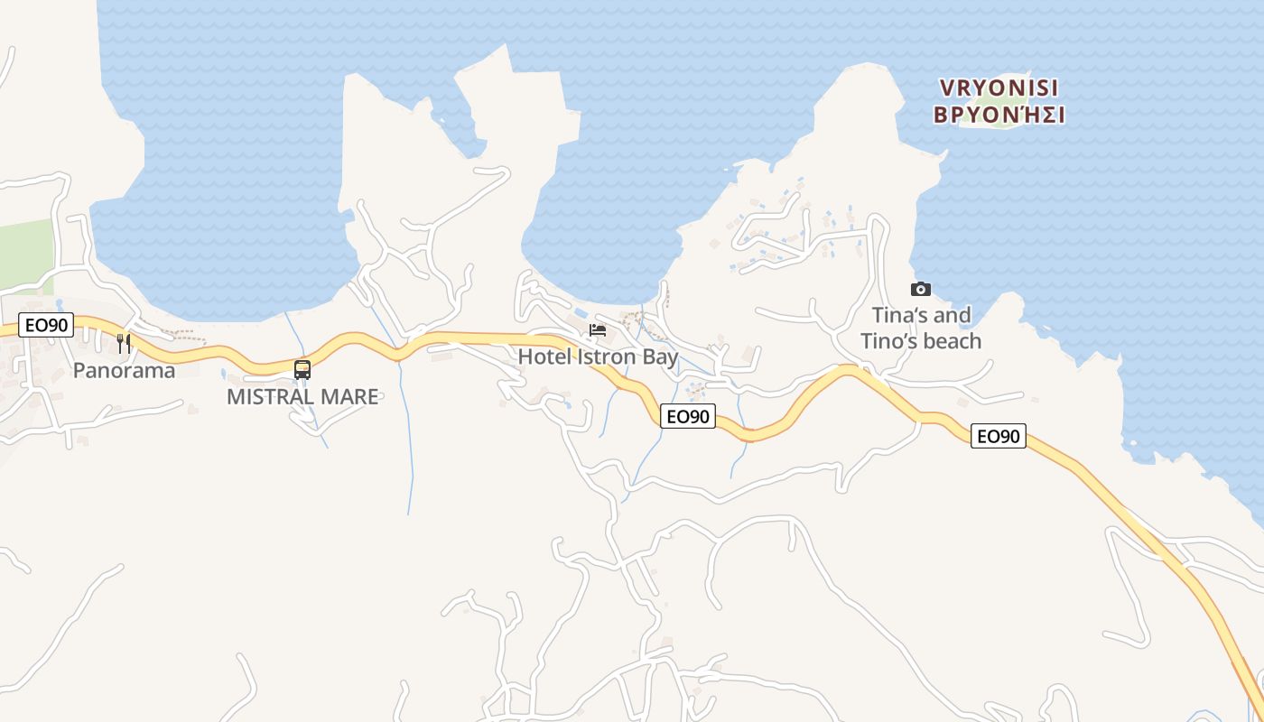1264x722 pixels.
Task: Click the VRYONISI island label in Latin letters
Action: click(x=999, y=88)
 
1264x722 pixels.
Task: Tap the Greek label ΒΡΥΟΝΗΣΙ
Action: click(x=999, y=116)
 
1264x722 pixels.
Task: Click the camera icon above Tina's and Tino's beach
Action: click(x=921, y=289)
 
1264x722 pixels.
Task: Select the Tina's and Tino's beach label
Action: click(x=921, y=328)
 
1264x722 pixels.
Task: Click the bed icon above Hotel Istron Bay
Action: click(x=598, y=330)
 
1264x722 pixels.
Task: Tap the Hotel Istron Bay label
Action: click(x=598, y=357)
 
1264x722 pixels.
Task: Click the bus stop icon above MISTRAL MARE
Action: click(x=302, y=369)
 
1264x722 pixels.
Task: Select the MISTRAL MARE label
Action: click(x=302, y=396)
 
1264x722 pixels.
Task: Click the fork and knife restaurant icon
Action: click(x=124, y=343)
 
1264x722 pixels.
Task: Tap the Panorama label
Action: click(x=124, y=370)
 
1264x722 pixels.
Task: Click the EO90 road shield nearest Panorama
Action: click(x=45, y=325)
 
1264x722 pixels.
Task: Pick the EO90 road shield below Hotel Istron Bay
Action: click(x=688, y=416)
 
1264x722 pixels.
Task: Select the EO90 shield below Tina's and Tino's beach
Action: click(x=999, y=437)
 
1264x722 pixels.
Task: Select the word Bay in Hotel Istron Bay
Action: click(x=660, y=357)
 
